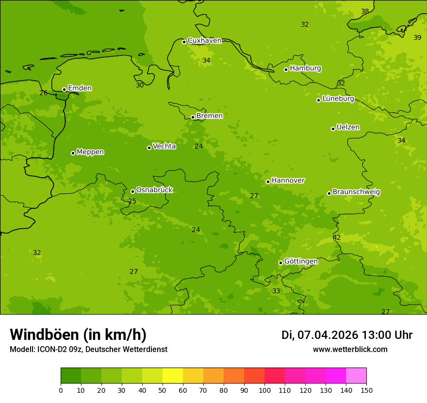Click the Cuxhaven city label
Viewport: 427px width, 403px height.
point(204,41)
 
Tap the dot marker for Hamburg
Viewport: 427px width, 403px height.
point(286,69)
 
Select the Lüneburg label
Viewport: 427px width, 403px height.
point(338,99)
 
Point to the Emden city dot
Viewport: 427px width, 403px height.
point(64,89)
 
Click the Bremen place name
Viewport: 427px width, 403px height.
point(210,116)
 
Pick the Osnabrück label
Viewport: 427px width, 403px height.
point(154,190)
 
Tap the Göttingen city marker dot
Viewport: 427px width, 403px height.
point(280,263)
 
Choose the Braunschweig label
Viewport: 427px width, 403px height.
point(356,192)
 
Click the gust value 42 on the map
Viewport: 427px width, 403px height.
point(337,238)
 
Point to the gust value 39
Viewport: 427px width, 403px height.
point(417,38)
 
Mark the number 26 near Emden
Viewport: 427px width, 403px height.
point(44,93)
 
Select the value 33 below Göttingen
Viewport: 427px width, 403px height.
point(276,291)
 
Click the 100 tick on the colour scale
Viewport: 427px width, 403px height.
point(264,390)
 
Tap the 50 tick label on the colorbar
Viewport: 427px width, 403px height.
point(163,390)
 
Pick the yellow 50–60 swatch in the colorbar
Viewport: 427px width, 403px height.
point(173,376)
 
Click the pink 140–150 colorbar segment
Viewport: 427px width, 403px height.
point(356,376)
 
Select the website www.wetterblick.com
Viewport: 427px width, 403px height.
point(350,350)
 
